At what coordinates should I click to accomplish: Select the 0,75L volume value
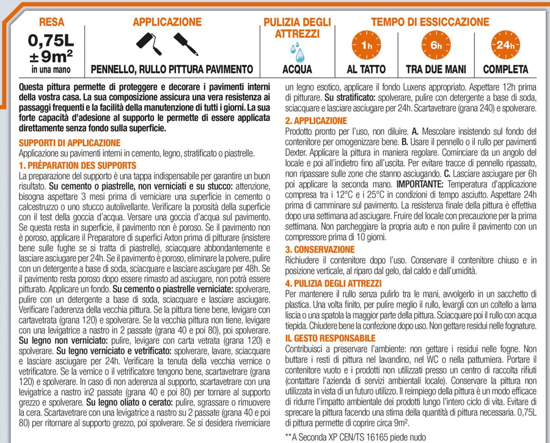point(51,42)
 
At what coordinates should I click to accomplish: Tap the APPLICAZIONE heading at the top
point(167,22)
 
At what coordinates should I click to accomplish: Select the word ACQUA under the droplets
point(298,69)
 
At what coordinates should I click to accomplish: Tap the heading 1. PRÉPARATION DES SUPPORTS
point(78,165)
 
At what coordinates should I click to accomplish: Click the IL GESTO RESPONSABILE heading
point(330,338)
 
